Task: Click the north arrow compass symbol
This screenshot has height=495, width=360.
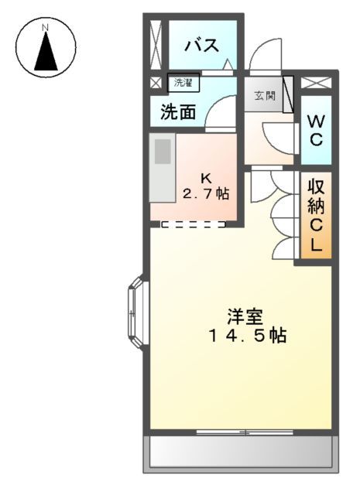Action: (x=46, y=48)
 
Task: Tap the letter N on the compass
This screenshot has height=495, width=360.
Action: (x=46, y=28)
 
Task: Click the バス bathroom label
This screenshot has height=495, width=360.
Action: (x=200, y=43)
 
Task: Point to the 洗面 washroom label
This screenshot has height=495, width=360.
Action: (x=178, y=112)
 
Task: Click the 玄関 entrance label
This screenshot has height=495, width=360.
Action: (x=264, y=96)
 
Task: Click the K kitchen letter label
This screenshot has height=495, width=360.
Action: (x=206, y=177)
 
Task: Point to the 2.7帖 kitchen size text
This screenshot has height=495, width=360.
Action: (x=206, y=193)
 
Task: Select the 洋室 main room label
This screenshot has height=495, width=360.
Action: (x=245, y=317)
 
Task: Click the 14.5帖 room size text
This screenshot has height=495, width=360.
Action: (x=247, y=336)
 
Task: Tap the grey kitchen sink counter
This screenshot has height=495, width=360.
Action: (x=163, y=170)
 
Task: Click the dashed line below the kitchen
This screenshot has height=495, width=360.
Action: (x=194, y=225)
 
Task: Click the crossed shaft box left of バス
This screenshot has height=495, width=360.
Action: (x=156, y=43)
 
